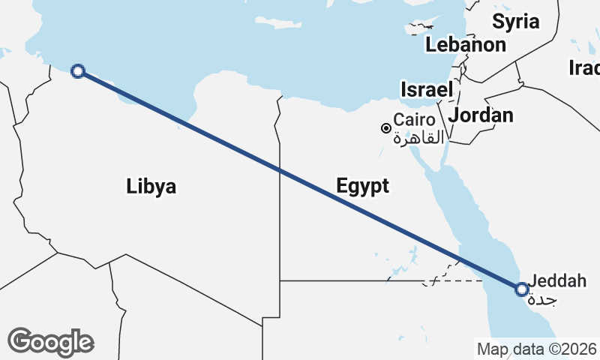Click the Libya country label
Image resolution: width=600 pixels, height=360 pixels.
[x=151, y=186]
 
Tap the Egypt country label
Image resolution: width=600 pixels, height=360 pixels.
[x=362, y=186]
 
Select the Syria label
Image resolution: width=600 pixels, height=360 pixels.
[x=516, y=22]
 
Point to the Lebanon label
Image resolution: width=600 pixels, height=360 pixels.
[x=465, y=45]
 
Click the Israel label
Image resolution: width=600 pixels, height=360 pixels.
[x=427, y=89]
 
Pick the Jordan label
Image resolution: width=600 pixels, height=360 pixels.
[x=481, y=115]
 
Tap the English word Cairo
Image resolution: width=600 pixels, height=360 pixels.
[x=415, y=120]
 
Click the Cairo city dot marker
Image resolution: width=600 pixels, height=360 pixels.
[x=386, y=128]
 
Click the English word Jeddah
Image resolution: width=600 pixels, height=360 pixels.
[x=557, y=282]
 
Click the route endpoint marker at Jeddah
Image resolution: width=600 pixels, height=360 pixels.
[x=522, y=288]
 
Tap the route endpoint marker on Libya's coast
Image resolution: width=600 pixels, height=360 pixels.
[x=77, y=71]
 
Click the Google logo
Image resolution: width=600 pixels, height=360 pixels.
[x=50, y=342]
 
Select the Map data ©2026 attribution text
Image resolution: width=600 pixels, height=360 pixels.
[x=536, y=349]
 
